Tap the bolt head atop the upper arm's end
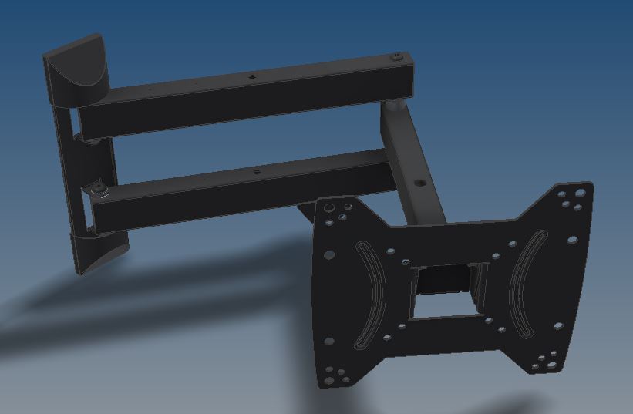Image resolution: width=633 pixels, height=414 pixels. coord(396,57)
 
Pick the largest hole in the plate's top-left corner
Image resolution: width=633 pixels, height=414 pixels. coord(328,207)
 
